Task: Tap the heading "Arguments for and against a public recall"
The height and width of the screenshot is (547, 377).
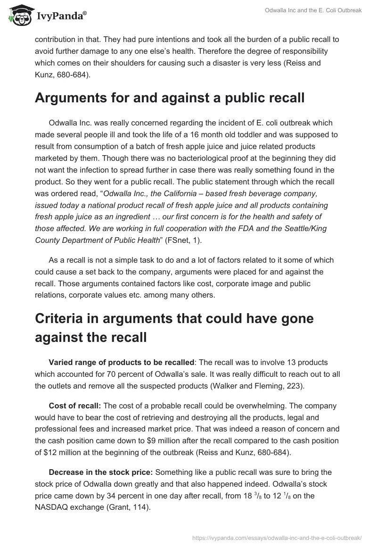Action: tap(170, 98)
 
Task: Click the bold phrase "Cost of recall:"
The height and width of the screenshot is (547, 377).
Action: tap(75, 406)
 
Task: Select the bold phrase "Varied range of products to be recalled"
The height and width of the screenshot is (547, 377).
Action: tap(121, 362)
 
